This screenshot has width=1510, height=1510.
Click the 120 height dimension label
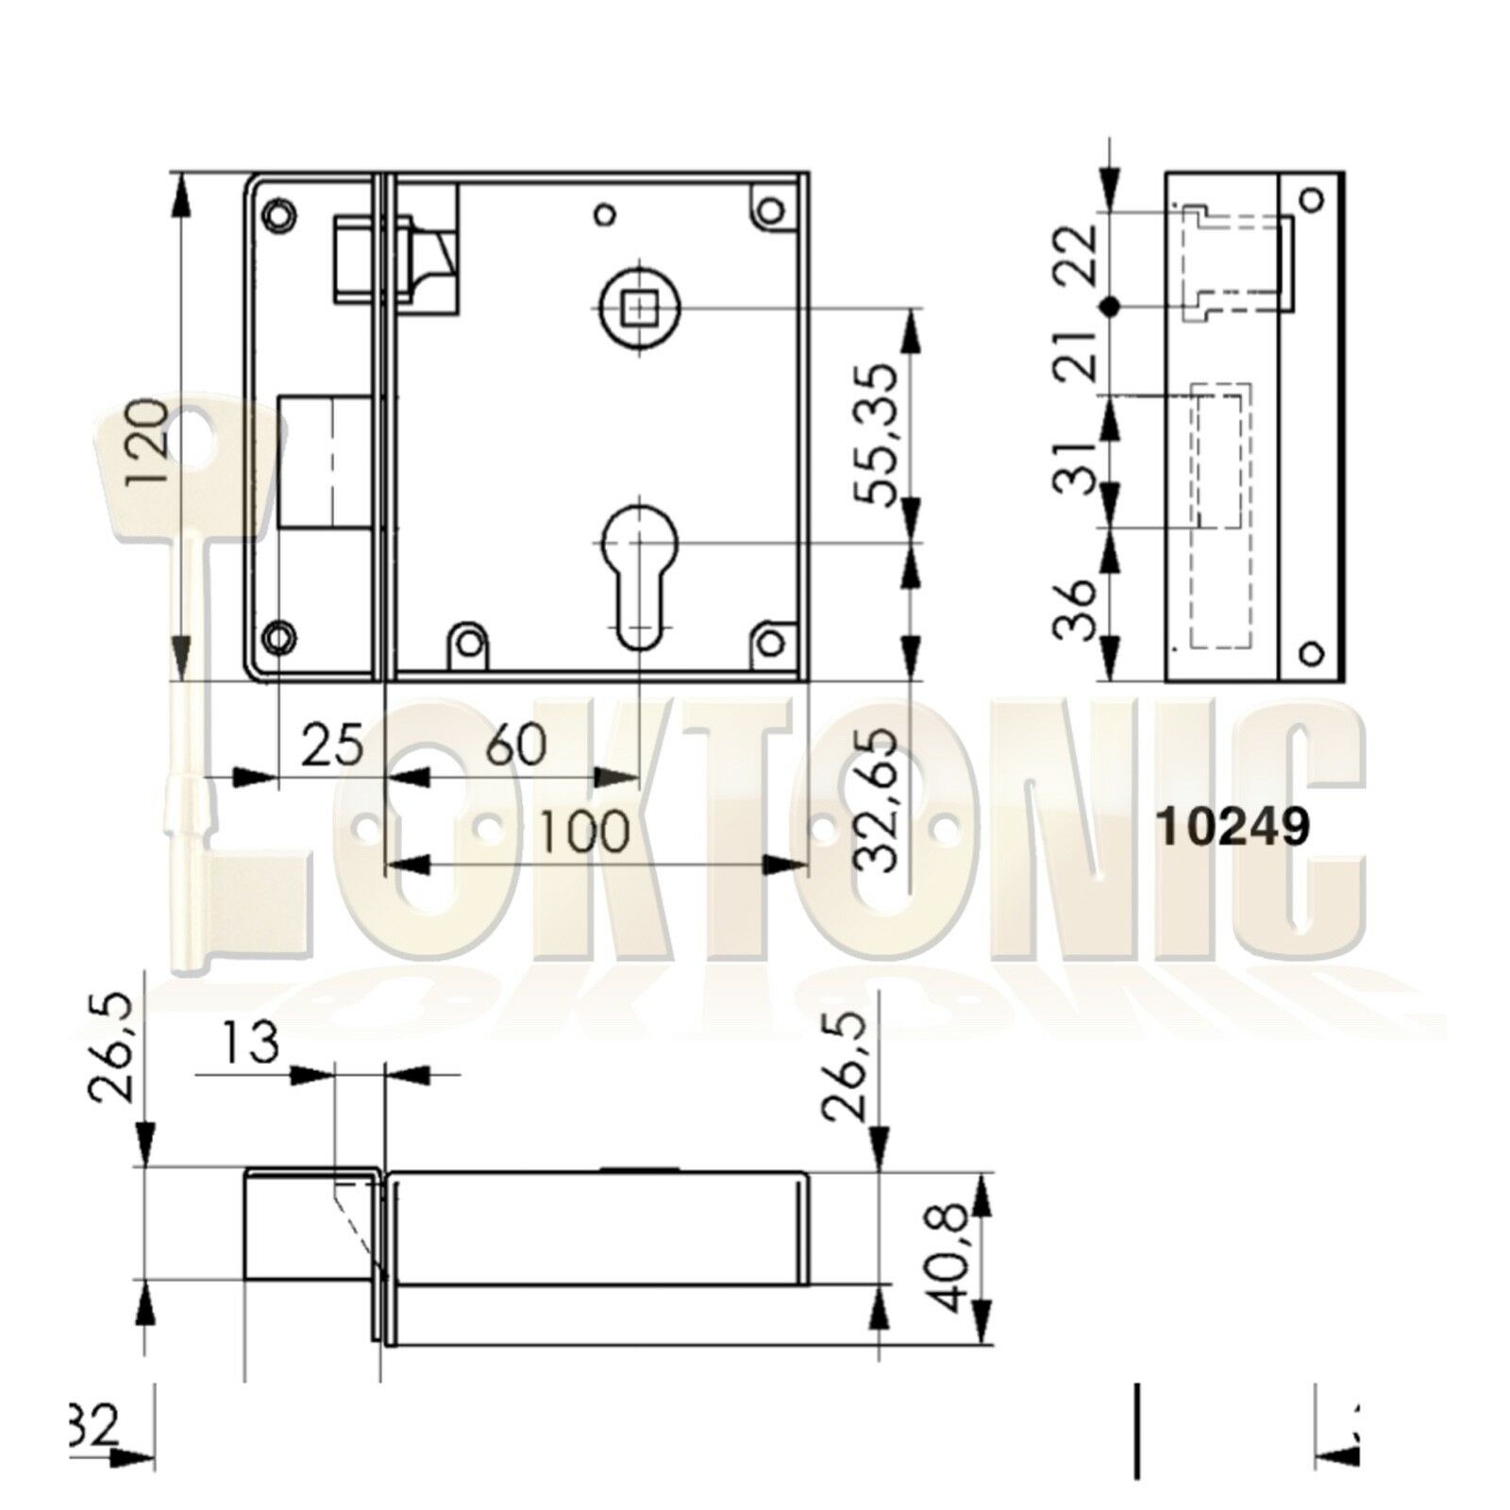149,441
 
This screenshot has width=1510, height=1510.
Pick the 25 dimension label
332,745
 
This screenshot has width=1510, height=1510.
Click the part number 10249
1233,829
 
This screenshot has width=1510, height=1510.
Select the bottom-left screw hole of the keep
278,639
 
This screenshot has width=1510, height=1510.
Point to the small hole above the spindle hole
605,212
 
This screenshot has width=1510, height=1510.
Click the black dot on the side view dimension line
1111,306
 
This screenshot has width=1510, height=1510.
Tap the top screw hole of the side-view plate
1310,199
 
